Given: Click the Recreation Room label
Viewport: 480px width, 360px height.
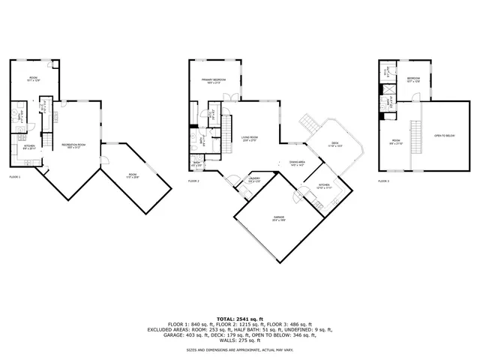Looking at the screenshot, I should coord(73,145).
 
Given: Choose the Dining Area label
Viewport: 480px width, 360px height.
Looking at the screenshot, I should coord(297,163).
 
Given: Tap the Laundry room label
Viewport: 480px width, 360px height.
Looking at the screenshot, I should coord(254,179).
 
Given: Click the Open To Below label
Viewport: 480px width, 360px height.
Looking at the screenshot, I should coord(445,136).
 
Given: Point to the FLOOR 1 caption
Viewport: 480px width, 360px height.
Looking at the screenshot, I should coord(14,177).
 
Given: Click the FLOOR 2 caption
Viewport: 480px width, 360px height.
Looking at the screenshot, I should coord(193,181).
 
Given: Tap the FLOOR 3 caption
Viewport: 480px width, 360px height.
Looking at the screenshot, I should coord(383,181).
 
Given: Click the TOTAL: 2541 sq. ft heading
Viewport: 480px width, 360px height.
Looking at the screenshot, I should coord(240,319).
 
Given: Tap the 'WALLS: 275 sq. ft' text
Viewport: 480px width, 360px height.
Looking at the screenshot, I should coord(240,340).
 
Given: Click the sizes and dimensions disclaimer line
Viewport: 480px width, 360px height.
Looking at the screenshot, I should coord(240,350).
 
